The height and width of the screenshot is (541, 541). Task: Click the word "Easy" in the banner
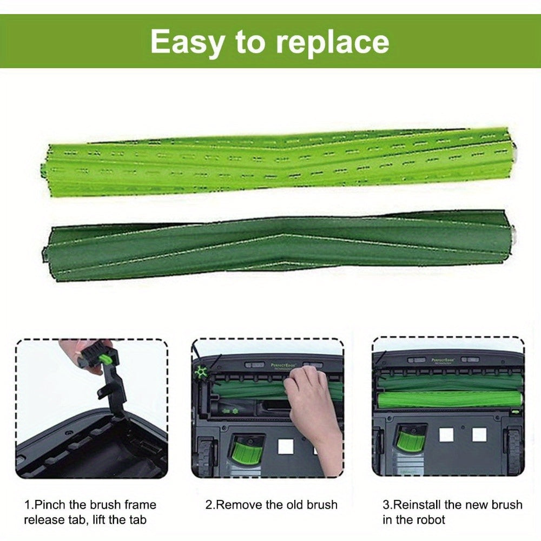click(x=186, y=42)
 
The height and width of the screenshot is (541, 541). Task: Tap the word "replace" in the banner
click(x=332, y=42)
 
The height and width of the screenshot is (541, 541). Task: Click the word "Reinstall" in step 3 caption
click(x=417, y=505)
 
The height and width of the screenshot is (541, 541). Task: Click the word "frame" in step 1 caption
click(x=140, y=505)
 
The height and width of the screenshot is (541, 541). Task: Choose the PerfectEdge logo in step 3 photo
click(x=443, y=360)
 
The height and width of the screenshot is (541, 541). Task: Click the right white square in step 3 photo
click(x=479, y=434)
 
